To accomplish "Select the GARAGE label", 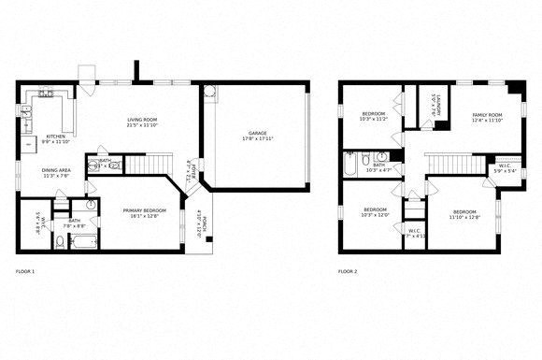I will click(x=257, y=134).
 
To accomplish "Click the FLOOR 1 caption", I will click(x=25, y=271).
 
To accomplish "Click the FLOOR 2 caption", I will click(x=348, y=271).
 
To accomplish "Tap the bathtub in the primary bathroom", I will click(x=83, y=243).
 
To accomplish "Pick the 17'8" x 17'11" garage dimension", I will click(x=257, y=140).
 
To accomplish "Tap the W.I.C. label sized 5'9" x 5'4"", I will click(x=505, y=168).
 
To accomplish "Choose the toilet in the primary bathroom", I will click(x=59, y=243).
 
